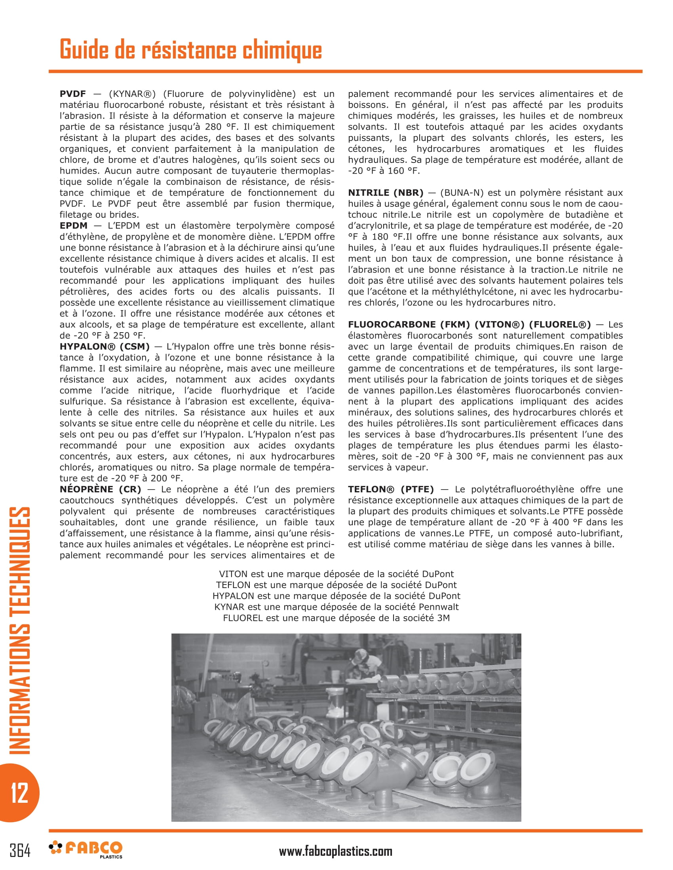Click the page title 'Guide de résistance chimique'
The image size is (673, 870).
(190, 50)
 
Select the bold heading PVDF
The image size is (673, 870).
(72, 94)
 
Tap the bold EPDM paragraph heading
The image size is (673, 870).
(73, 226)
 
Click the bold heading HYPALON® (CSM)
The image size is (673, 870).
(105, 346)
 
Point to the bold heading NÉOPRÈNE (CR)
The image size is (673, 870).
(100, 489)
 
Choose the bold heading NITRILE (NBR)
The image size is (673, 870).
(385, 193)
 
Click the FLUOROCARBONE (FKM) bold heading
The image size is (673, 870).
(469, 325)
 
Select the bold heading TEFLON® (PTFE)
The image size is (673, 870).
(390, 489)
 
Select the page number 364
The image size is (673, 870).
(20, 851)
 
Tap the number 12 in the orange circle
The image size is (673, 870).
(19, 793)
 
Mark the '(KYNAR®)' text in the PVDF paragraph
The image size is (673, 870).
(132, 94)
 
